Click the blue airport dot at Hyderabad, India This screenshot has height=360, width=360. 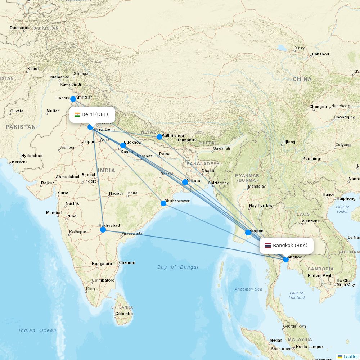point(103,230)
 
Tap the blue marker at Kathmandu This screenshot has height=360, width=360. point(159,137)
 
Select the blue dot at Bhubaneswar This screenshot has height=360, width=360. point(163,203)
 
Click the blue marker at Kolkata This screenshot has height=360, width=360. point(185,182)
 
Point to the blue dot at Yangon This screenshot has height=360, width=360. point(248,233)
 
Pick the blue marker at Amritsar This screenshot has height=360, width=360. point(73,99)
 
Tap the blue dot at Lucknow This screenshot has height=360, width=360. point(123,145)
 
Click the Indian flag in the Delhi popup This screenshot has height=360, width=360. point(77,115)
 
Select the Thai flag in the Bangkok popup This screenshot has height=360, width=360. point(268,246)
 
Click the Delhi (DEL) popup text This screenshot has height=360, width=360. point(95,114)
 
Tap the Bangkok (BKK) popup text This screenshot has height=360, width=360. point(290,246)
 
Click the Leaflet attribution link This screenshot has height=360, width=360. point(350,356)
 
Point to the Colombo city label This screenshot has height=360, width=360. point(124,314)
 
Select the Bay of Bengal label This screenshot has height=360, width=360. point(178,267)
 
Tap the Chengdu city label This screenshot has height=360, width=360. point(318,107)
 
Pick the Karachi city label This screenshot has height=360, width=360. point(19,162)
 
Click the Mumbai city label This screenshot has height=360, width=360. point(54,213)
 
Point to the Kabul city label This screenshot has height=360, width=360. point(33,69)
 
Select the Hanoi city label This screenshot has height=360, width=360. point(328,194)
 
